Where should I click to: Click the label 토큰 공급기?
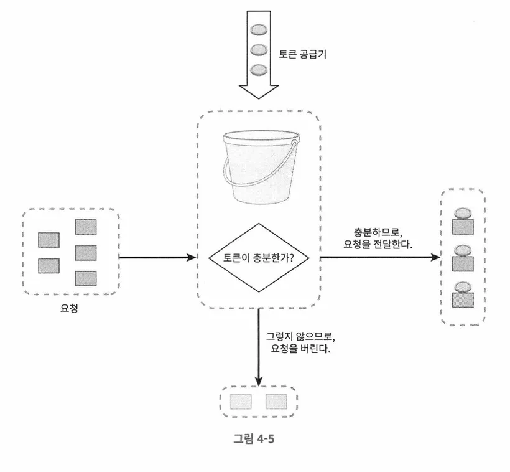pyautogui.click(x=304, y=54)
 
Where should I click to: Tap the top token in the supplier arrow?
pyautogui.click(x=258, y=30)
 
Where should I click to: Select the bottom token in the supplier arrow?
pyautogui.click(x=258, y=69)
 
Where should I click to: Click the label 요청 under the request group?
pyautogui.click(x=69, y=308)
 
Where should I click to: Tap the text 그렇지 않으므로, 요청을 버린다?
pyautogui.click(x=301, y=342)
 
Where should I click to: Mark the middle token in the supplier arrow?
pyautogui.click(x=258, y=49)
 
